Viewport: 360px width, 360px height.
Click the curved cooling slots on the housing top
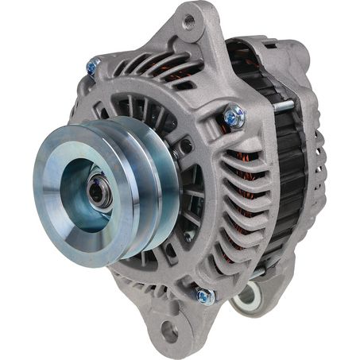(x=151, y=68)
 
